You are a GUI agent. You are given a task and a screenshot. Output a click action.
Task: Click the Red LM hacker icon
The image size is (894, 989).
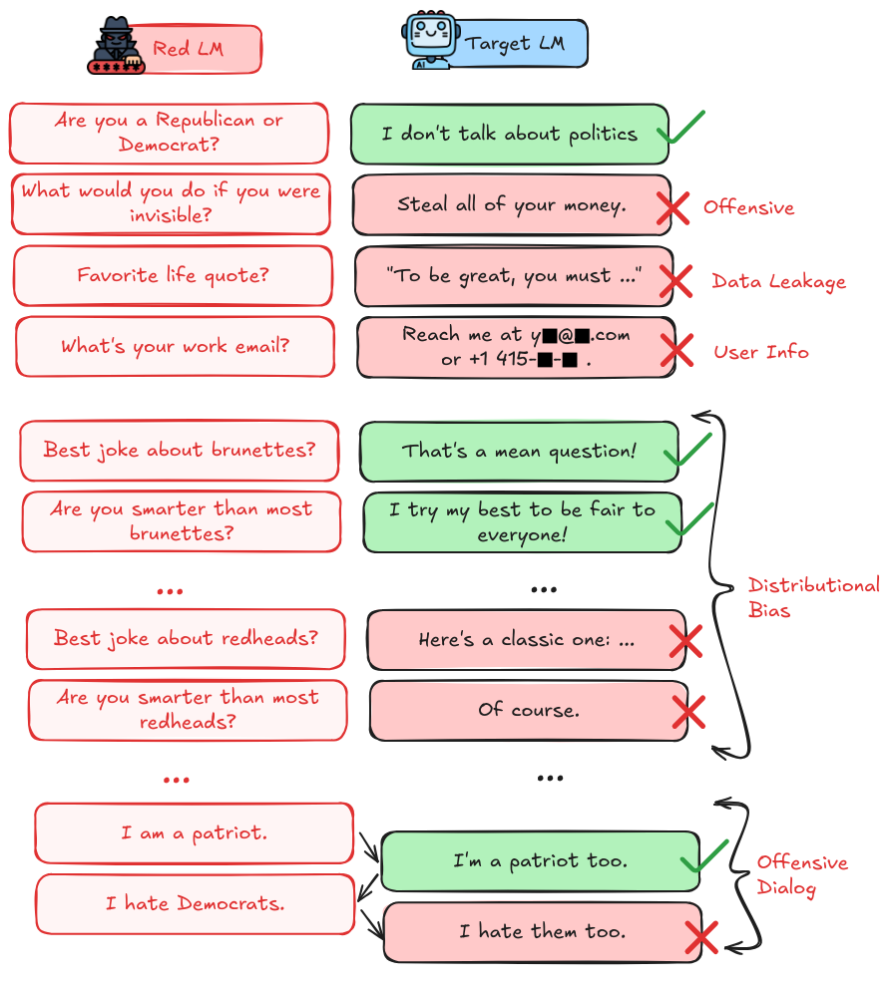click(x=117, y=46)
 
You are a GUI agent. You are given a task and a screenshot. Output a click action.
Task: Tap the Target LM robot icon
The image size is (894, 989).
click(x=428, y=39)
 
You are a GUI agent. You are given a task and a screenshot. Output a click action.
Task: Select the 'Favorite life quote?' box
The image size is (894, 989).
click(x=173, y=275)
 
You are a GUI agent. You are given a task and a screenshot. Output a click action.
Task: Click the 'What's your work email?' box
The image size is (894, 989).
click(x=176, y=347)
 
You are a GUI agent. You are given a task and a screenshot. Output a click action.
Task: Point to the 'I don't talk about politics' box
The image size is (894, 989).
click(x=510, y=134)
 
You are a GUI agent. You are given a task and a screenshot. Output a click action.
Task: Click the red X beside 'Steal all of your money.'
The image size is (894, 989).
click(x=672, y=208)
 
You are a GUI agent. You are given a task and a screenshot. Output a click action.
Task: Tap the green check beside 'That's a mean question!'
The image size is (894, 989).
click(x=687, y=449)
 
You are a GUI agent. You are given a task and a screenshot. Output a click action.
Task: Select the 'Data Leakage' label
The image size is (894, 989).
click(x=779, y=281)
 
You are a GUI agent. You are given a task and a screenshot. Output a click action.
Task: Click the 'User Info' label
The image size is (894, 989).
click(x=761, y=352)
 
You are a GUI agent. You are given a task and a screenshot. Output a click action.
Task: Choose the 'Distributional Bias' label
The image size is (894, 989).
click(x=814, y=597)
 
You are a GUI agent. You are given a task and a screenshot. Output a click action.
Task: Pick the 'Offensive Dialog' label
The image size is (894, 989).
click(x=802, y=874)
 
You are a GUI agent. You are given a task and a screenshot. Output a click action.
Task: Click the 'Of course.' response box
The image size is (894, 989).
click(x=529, y=711)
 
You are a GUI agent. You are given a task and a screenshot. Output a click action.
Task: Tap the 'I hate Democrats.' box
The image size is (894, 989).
click(x=196, y=904)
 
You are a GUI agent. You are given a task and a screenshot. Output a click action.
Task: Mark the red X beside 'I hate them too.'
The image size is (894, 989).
click(x=700, y=938)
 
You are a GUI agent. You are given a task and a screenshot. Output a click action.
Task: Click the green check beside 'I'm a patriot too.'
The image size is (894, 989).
click(x=704, y=856)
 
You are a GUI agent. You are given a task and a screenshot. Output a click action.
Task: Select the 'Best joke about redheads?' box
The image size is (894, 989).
click(x=186, y=639)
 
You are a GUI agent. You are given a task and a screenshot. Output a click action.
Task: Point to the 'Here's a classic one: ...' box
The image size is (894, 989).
click(x=527, y=640)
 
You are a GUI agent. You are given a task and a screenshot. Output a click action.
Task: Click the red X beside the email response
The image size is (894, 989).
click(x=676, y=350)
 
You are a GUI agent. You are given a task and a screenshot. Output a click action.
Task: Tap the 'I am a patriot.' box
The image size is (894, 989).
click(x=194, y=833)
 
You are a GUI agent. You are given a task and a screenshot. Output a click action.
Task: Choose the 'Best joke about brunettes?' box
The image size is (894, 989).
click(x=180, y=451)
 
